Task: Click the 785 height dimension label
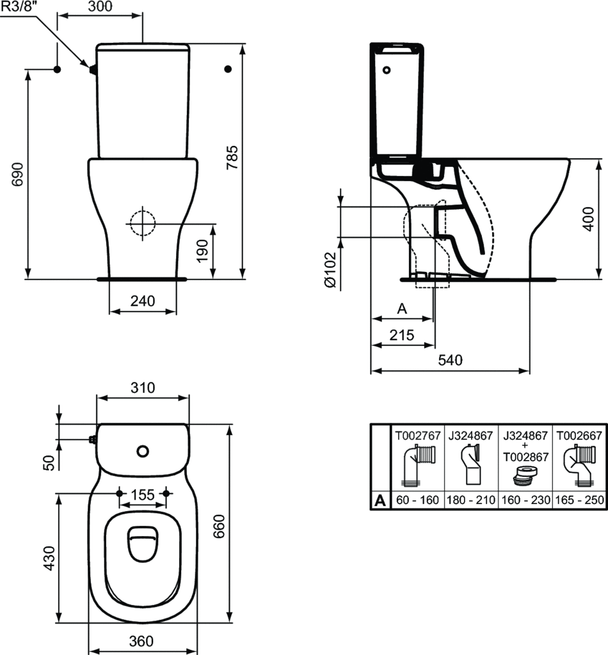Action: [x=233, y=156]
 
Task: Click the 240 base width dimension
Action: [x=142, y=301]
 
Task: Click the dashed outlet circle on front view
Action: [x=142, y=223]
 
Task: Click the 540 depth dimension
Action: [x=449, y=360]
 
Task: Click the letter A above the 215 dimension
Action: [x=402, y=309]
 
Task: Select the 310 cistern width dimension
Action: [x=142, y=387]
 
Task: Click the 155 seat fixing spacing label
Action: [x=143, y=494]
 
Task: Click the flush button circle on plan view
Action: [x=142, y=451]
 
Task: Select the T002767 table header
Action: [x=417, y=436]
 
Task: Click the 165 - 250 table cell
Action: [x=579, y=500]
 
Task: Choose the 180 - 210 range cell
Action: [x=470, y=500]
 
